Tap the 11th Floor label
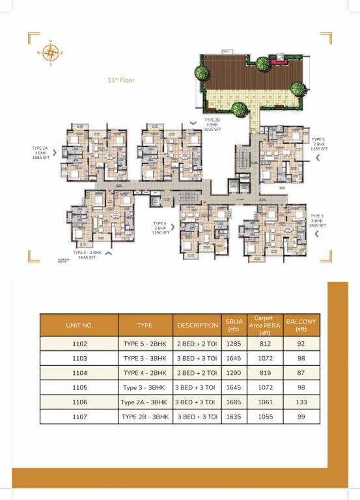(x=122, y=81)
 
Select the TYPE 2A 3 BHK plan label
(x=41, y=153)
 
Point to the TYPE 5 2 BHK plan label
(x=318, y=144)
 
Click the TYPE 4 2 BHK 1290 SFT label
(x=161, y=227)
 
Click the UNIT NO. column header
(x=79, y=325)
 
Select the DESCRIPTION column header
(x=197, y=325)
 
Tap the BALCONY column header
(x=300, y=325)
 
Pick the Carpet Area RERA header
(x=264, y=325)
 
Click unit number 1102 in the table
(x=79, y=343)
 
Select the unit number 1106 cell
(x=79, y=402)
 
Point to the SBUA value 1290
(x=233, y=373)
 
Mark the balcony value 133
(x=300, y=402)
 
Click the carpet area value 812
(x=264, y=343)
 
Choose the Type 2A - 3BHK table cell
(x=145, y=402)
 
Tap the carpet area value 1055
(x=264, y=417)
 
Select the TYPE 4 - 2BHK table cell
(x=145, y=373)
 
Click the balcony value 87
(x=300, y=373)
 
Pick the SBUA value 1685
(x=233, y=402)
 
